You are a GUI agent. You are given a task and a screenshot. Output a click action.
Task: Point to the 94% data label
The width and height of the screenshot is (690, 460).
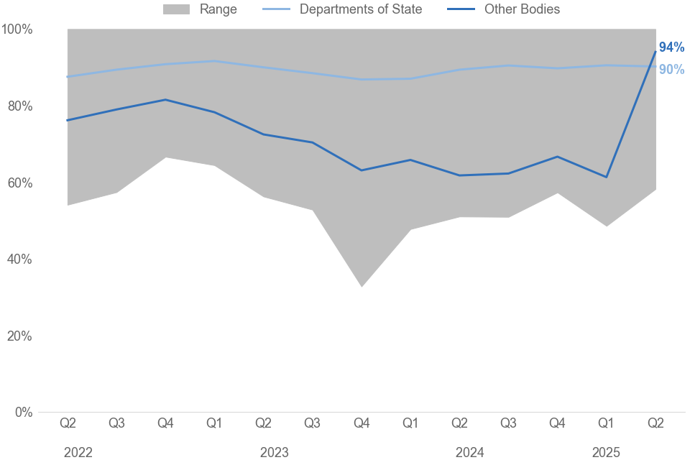(671, 47)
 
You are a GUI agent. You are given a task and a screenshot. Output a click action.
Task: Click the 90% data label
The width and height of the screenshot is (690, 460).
(671, 70)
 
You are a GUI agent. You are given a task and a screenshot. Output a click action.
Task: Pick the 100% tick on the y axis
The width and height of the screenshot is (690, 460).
(17, 29)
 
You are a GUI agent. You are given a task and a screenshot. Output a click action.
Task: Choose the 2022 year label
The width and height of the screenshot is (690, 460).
(78, 453)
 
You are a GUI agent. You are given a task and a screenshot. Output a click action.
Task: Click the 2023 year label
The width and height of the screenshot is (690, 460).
(274, 453)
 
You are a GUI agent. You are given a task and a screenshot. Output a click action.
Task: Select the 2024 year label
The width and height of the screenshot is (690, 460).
(469, 453)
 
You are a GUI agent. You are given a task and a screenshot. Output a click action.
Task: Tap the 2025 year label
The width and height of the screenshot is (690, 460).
(606, 453)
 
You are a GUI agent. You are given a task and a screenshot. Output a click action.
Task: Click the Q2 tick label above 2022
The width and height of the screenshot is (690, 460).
(68, 423)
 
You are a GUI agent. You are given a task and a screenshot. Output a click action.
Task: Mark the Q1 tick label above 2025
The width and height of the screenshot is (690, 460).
(606, 423)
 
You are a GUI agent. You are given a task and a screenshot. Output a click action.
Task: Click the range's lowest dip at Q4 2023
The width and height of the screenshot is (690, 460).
(362, 286)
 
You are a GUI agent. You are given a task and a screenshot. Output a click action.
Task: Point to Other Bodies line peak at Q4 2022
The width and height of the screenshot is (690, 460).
(166, 100)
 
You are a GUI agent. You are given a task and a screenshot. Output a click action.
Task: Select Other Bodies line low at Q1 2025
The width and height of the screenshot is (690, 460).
(606, 177)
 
